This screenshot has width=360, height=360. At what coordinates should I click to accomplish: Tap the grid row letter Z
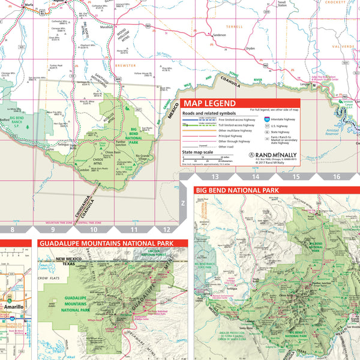coord(183,203)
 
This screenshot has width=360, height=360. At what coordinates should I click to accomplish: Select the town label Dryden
coord(251,48)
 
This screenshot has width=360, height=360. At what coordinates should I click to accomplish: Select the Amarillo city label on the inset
coord(14,307)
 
